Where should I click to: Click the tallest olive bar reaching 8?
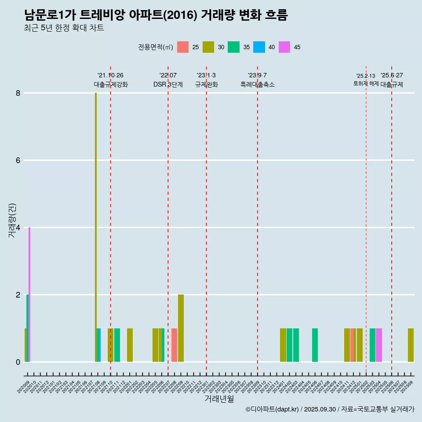pos(96,227)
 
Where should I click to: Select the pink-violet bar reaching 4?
pos(29,295)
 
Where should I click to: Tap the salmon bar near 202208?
pos(175,345)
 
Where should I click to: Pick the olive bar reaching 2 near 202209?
pos(181,328)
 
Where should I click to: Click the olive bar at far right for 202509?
pos(411,345)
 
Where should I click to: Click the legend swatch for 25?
pos(183,47)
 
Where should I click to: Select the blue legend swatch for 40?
pos(259,47)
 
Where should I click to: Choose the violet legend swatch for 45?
pos(284,47)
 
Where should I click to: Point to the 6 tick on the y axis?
pos(18,160)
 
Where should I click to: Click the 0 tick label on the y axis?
pos(18,362)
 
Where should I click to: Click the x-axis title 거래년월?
pos(219,399)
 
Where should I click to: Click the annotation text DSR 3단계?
pos(168,84)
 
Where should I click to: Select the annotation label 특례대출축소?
pos(258,84)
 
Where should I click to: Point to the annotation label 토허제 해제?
pos(366,83)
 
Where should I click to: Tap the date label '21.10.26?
pos(110,75)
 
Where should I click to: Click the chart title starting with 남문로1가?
pos(156,15)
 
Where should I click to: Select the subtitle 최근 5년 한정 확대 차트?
pos(64,28)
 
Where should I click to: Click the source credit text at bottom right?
pos(330,409)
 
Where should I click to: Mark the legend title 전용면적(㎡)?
pos(156,47)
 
